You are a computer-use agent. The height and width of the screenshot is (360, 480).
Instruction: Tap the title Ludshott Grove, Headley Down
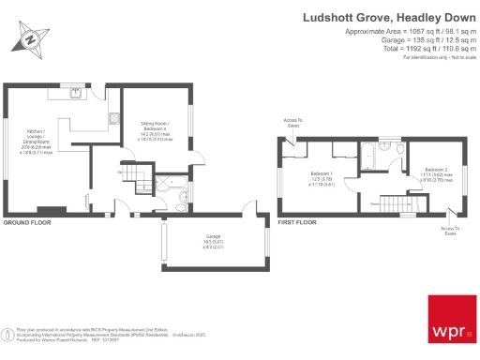[390, 17]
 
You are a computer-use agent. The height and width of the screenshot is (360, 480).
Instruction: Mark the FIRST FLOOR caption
[299, 223]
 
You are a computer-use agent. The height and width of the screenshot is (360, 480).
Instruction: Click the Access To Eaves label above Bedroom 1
[293, 123]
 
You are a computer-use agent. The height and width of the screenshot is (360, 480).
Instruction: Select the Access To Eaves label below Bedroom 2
[449, 231]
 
